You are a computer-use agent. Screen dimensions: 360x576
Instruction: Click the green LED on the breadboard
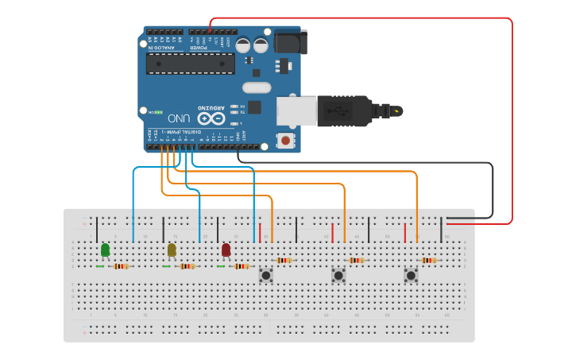click(x=105, y=250)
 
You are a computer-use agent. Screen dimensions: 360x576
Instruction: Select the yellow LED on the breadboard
click(x=172, y=250)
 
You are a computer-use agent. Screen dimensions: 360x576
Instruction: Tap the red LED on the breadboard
click(x=226, y=250)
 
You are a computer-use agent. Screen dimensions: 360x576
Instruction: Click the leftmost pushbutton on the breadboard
click(x=266, y=276)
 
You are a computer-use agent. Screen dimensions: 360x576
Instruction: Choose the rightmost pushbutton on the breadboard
click(x=411, y=276)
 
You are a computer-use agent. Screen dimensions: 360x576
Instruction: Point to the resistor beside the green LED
click(x=121, y=266)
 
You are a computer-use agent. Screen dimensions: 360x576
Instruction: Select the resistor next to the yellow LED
click(x=187, y=266)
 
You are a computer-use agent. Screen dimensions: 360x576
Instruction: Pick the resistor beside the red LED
click(x=242, y=266)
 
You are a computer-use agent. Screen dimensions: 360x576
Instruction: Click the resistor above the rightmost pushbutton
click(x=429, y=260)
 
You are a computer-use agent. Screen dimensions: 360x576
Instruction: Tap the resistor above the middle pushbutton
click(x=357, y=260)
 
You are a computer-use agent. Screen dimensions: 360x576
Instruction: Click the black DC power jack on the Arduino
click(x=288, y=41)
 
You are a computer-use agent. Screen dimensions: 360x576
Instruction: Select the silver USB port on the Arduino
click(x=296, y=111)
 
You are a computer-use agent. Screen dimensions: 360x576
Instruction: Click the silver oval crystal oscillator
click(x=257, y=87)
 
